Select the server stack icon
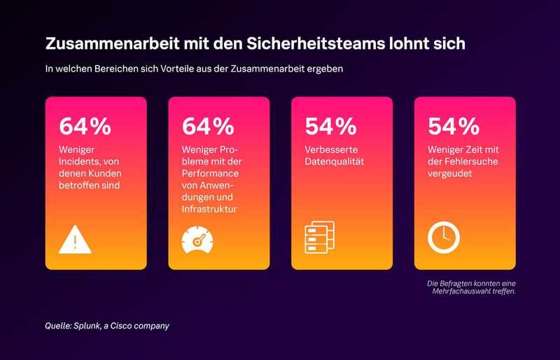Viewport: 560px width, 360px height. coord(319,237)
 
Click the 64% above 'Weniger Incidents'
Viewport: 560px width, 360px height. coord(85,126)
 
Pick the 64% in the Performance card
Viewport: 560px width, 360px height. coord(208,126)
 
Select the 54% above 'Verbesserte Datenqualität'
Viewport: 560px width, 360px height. coord(331,126)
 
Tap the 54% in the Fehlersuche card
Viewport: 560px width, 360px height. coord(454,126)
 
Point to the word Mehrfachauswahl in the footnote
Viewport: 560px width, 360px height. coord(465,291)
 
